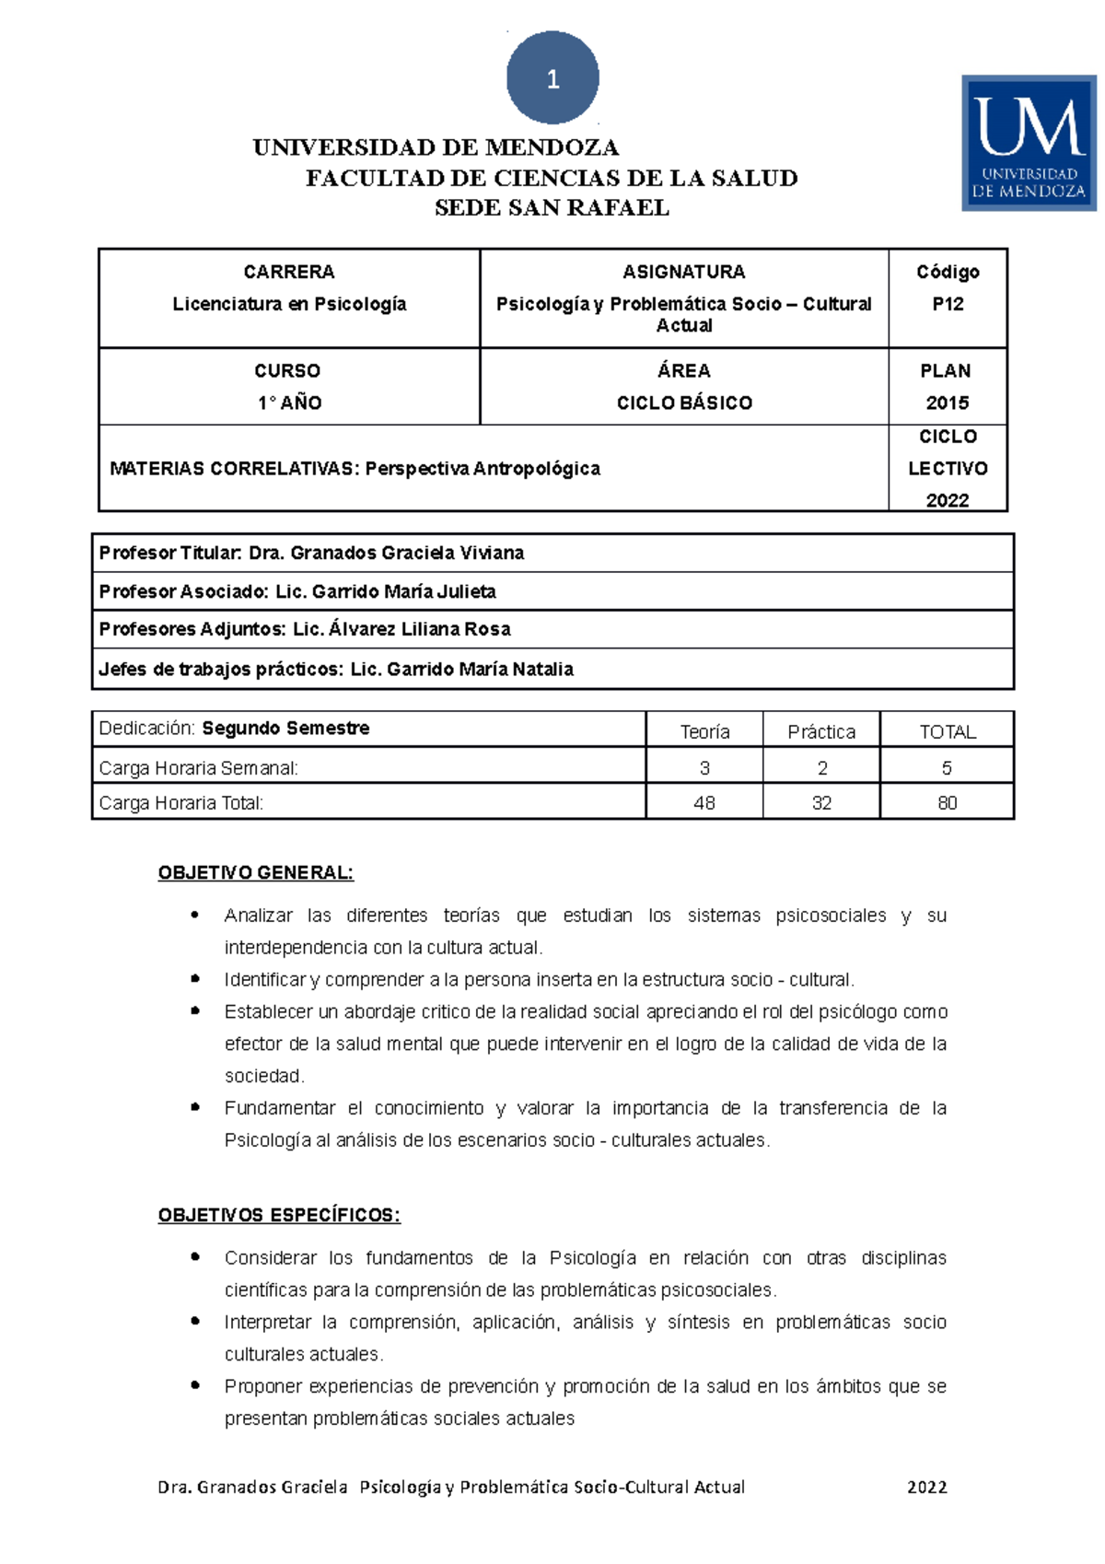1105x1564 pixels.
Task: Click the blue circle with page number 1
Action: (x=552, y=78)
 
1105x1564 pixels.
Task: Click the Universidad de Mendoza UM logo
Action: (x=1029, y=143)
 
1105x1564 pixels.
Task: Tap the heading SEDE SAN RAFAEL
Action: (x=552, y=208)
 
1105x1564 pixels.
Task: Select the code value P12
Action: (x=948, y=304)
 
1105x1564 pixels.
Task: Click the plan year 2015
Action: (x=948, y=403)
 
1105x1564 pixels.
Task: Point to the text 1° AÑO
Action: (x=289, y=403)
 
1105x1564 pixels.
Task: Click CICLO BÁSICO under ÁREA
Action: (x=684, y=403)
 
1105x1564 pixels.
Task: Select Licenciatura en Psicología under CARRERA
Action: (x=289, y=304)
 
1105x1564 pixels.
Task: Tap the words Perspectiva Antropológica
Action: (x=483, y=468)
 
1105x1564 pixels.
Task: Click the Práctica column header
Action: (x=821, y=731)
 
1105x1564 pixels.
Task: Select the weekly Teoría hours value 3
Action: (x=704, y=767)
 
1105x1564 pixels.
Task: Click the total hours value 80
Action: (x=948, y=802)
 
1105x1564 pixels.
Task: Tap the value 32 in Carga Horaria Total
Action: (x=821, y=802)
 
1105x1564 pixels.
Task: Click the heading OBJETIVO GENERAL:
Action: (x=255, y=872)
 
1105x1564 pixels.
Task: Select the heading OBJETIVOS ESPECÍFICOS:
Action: (x=279, y=1215)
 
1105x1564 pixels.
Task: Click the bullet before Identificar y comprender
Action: (x=195, y=978)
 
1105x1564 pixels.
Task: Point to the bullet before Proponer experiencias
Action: (x=195, y=1384)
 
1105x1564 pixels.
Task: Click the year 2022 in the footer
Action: (x=926, y=1487)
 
